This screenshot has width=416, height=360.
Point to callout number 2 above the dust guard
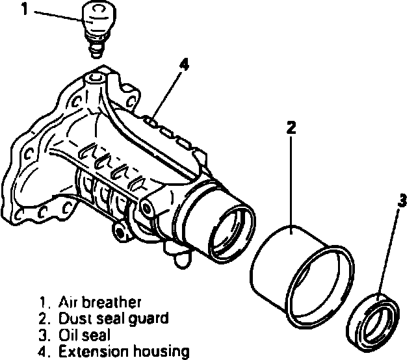click(291, 126)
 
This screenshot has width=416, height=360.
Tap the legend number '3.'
click(45, 335)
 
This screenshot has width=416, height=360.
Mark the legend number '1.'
click(45, 302)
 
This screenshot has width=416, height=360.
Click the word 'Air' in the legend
click(68, 302)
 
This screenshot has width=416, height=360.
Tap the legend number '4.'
click(45, 352)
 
